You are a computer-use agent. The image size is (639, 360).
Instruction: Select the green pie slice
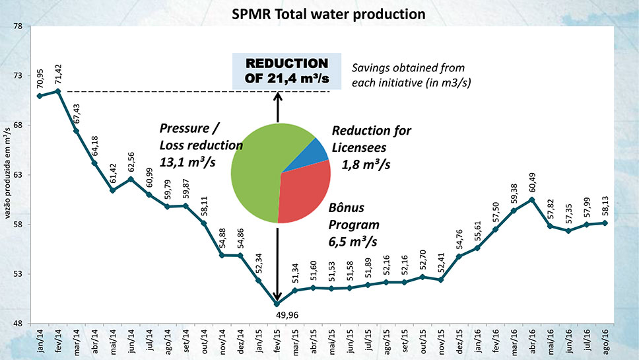pos(257,172)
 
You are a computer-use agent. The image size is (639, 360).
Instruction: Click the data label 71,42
pos(58,74)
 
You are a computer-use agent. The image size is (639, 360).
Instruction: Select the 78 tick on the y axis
pos(18,26)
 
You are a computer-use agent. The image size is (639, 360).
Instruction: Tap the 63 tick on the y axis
pos(18,175)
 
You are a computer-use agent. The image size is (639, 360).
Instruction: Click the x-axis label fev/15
pos(277,340)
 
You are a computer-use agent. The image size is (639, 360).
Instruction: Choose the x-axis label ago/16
pos(605,340)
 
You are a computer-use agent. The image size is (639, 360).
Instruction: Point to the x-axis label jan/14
pos(40,340)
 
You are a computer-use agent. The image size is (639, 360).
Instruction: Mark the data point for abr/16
pos(532,199)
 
